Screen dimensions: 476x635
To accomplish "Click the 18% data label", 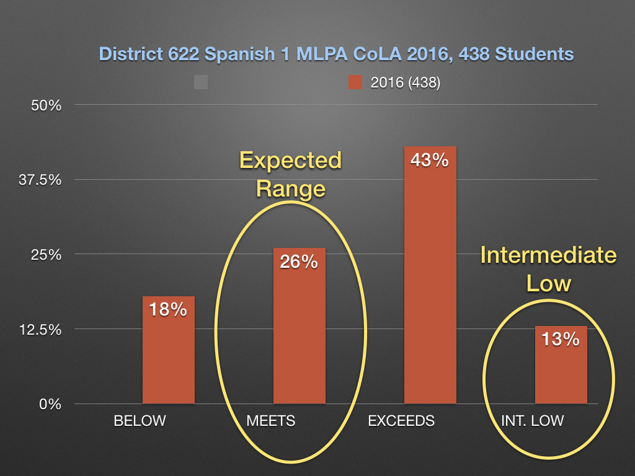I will (x=169, y=309).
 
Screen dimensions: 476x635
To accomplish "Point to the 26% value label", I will (x=300, y=262).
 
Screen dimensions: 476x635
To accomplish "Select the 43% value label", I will (x=430, y=160).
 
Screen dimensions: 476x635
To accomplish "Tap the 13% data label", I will (x=561, y=339).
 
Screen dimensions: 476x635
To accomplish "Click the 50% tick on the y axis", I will (x=47, y=105).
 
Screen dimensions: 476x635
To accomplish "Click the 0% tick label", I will (x=50, y=404).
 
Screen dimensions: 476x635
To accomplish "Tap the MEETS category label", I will (x=271, y=421).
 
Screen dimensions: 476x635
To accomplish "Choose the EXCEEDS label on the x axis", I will (x=401, y=421).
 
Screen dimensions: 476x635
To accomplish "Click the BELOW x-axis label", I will (x=140, y=421).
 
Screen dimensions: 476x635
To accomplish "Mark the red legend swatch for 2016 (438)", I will (x=355, y=82).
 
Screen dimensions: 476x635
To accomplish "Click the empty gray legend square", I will (x=200, y=82).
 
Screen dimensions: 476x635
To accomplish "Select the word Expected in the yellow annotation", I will (x=291, y=161).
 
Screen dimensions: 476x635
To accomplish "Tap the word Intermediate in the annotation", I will (x=549, y=255).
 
